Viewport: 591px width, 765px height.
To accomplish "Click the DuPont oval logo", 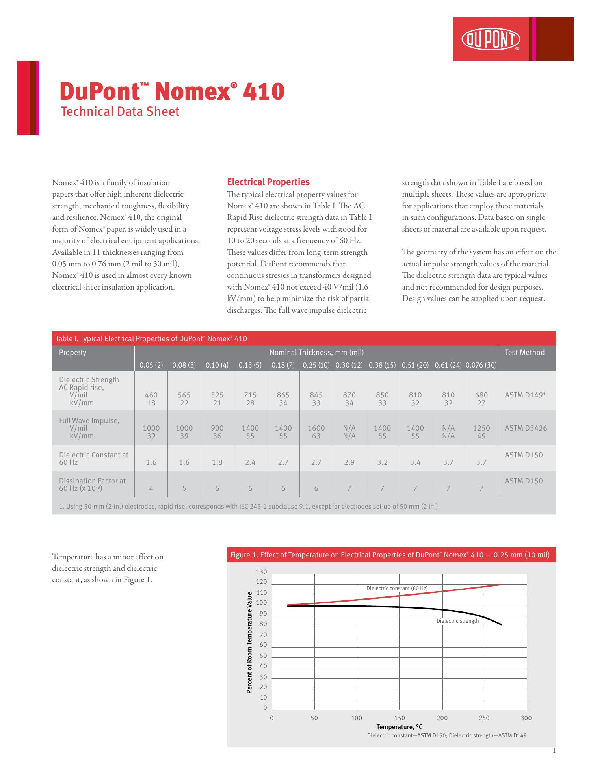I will coord(491,40).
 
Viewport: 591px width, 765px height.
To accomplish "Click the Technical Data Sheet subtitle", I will coord(120,111).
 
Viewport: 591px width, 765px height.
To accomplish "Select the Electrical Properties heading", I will coord(268,182).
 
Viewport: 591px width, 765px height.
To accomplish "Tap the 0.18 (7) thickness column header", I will coord(283,365).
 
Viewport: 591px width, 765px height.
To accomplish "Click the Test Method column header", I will coord(524,353).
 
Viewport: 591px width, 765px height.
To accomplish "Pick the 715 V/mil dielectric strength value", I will coord(250,395).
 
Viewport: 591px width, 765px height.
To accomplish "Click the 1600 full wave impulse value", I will coord(316,428).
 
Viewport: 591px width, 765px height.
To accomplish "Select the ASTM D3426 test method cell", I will coord(526,428).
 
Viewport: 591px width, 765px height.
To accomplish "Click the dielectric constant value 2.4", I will coord(250,462).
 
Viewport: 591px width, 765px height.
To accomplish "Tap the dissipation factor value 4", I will coord(151,488).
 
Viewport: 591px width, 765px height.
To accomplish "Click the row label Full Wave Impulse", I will coord(89,420).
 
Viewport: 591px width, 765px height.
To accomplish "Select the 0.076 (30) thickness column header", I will coord(481,365).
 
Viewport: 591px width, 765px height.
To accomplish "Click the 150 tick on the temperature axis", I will coord(400,718).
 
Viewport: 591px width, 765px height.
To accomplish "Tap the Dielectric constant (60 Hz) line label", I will coord(397,588).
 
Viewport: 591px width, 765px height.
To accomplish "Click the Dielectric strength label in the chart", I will coord(457,621).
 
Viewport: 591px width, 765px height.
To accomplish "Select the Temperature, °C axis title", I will coord(399,727).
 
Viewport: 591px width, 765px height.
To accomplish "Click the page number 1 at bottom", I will coord(554,750).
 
